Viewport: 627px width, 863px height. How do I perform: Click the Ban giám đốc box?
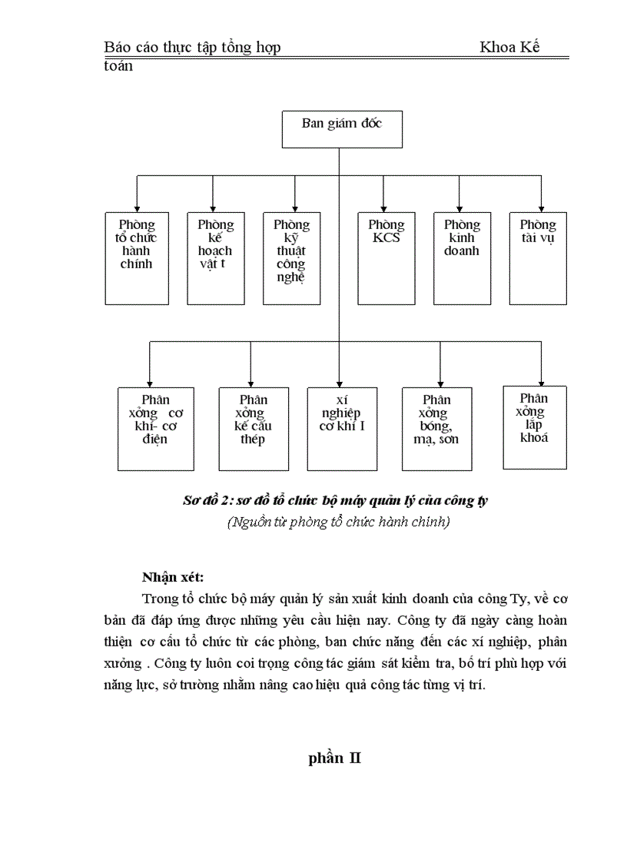(342, 129)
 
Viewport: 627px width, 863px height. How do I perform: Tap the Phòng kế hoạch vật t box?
(215, 258)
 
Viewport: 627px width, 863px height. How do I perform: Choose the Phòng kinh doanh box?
(462, 258)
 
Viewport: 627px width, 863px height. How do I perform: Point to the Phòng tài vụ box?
(538, 258)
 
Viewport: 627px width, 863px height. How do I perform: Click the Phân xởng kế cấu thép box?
(254, 428)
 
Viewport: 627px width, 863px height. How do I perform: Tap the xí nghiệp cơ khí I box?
(343, 428)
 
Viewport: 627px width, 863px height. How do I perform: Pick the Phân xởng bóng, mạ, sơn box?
(437, 428)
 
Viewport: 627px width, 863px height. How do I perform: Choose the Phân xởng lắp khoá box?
(535, 427)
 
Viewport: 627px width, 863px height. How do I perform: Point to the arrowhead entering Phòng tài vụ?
(541, 208)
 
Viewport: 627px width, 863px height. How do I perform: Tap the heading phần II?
(335, 758)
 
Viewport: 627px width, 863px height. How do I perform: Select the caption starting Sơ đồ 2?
(336, 500)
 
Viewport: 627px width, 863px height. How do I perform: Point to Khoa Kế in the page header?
(510, 48)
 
